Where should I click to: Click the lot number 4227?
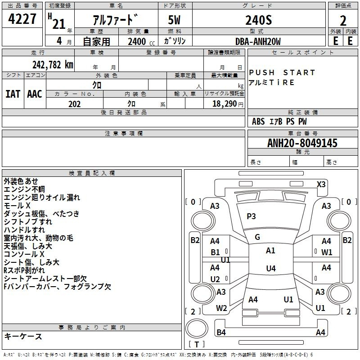point(22,19)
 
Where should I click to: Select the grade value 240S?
point(258,20)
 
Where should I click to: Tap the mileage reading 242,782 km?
point(53,65)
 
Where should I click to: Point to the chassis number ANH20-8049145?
point(302,143)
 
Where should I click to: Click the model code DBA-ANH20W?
point(258,41)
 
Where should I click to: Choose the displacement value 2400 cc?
point(141,41)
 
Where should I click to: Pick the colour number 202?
point(74,104)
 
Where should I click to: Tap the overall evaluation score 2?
point(343,21)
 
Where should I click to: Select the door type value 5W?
point(174,20)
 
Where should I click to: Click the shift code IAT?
point(13,94)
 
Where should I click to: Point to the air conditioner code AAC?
point(35,94)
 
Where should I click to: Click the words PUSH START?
point(282,72)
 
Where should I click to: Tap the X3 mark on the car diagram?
point(321,184)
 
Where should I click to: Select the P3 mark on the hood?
point(251,216)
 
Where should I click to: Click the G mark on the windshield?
point(257,237)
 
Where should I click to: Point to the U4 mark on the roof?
point(271,268)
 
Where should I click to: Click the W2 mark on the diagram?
point(221,308)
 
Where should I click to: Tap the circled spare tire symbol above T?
point(197,328)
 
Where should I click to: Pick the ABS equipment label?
point(258,121)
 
